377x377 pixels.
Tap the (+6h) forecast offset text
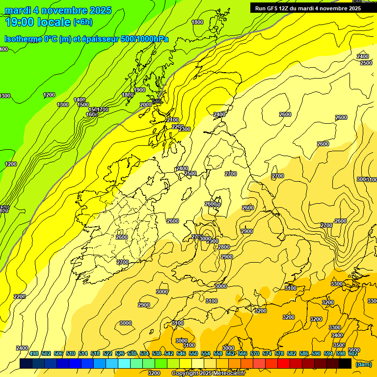[82, 22]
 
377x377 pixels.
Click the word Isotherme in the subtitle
[22, 39]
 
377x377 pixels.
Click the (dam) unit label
[364, 364]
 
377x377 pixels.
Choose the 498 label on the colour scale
[34, 353]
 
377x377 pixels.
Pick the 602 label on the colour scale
[353, 353]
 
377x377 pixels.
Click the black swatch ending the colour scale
[345, 364]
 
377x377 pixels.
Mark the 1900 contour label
[139, 90]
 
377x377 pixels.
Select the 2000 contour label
[146, 105]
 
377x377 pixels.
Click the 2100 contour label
[173, 120]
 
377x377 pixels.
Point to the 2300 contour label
[185, 129]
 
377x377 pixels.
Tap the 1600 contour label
[91, 114]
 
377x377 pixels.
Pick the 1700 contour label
[103, 109]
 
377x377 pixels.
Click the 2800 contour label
[224, 247]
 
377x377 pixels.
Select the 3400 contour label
[337, 335]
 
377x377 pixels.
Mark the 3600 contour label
[354, 350]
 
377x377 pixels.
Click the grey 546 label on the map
[157, 102]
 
